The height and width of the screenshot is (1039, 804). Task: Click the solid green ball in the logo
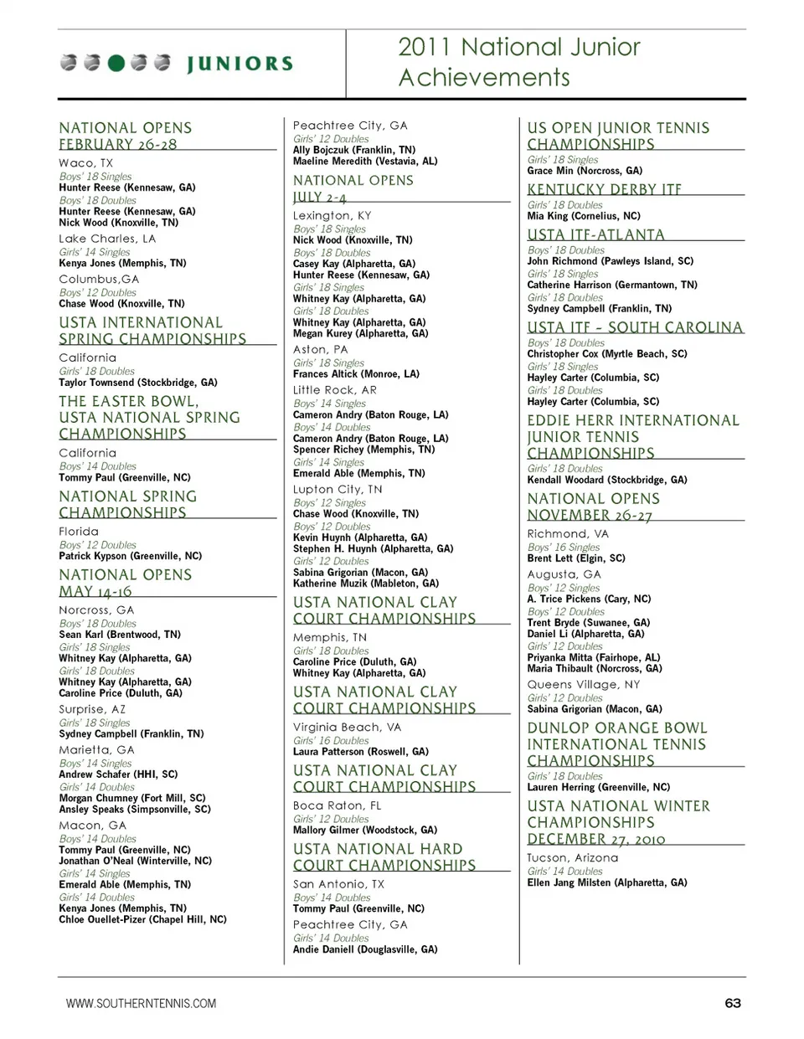pyautogui.click(x=116, y=63)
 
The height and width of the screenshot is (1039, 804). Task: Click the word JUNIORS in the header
pyautogui.click(x=240, y=64)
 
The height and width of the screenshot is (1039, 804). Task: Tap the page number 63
pyautogui.click(x=733, y=1003)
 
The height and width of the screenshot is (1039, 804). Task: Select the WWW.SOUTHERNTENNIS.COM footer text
pyautogui.click(x=141, y=1003)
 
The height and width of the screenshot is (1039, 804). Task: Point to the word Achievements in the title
pyautogui.click(x=484, y=78)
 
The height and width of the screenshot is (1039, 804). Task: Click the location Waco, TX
pyautogui.click(x=85, y=163)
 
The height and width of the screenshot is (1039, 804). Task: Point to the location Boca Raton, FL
pyautogui.click(x=337, y=805)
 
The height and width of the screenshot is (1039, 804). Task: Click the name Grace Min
pyautogui.click(x=547, y=171)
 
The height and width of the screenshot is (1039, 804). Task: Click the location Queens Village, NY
pyautogui.click(x=583, y=685)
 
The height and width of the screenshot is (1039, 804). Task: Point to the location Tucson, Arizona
pyautogui.click(x=572, y=858)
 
